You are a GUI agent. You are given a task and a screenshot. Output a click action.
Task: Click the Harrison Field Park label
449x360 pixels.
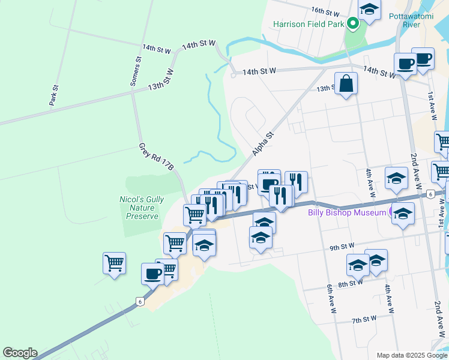pyautogui.click(x=308, y=25)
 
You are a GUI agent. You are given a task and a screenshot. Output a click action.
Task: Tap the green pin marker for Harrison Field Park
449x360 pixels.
pyautogui.click(x=353, y=24)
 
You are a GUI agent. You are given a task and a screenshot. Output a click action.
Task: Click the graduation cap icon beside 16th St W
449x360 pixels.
pyautogui.click(x=370, y=10)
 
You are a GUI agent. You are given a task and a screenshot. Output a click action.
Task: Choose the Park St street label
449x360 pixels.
pyautogui.click(x=55, y=95)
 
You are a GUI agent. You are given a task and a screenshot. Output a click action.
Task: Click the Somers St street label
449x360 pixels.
pyautogui.click(x=136, y=71)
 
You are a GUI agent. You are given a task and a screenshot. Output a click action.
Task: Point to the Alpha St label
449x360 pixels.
pyautogui.click(x=263, y=144)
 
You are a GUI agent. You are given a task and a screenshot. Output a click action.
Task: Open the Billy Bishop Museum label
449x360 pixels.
pyautogui.click(x=347, y=212)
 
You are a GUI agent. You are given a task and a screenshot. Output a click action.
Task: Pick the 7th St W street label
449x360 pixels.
pyautogui.click(x=364, y=319)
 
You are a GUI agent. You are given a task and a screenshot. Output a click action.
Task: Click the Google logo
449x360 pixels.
pyautogui.click(x=20, y=353)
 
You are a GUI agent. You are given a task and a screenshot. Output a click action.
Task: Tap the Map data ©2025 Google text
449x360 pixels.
pyautogui.click(x=412, y=355)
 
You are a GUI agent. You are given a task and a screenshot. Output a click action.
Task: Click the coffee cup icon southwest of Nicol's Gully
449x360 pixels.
pyautogui.click(x=152, y=273)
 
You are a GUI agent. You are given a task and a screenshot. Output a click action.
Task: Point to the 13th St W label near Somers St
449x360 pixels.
pyautogui.click(x=161, y=79)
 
